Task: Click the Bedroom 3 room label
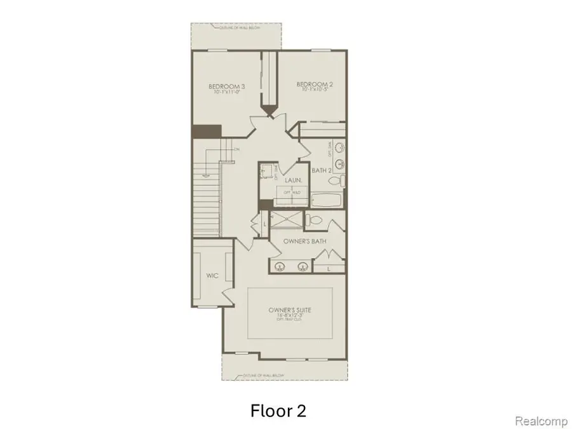click(x=227, y=86)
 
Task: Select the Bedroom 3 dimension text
click(x=227, y=93)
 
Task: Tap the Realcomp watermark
click(x=539, y=421)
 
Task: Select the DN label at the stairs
click(x=236, y=149)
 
